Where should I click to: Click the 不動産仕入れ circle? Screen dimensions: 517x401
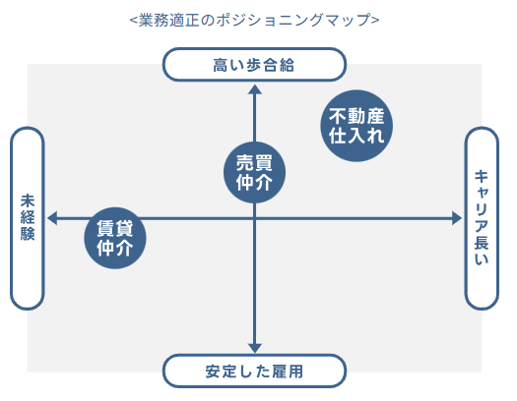click(356, 126)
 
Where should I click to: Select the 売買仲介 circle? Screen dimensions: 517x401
click(254, 172)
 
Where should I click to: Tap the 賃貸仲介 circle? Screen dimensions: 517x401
click(115, 238)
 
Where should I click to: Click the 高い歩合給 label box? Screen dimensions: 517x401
click(254, 65)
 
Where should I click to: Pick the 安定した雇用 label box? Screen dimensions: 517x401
click(254, 372)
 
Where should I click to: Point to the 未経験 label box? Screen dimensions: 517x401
click(28, 218)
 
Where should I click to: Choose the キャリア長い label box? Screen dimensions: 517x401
click(482, 218)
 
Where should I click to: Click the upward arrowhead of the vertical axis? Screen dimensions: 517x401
click(254, 89)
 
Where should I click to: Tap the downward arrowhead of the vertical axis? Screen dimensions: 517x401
click(254, 348)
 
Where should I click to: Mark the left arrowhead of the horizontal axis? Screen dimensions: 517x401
click(52, 218)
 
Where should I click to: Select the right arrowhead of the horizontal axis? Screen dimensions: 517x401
click(457, 218)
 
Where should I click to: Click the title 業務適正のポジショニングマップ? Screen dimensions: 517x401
click(254, 20)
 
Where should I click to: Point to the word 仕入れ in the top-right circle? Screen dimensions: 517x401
click(356, 136)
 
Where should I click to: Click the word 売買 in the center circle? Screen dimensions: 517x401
click(254, 163)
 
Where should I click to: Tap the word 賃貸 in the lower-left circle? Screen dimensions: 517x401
click(115, 229)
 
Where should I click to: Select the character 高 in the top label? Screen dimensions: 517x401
click(221, 65)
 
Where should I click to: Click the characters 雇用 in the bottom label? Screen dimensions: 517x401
click(288, 372)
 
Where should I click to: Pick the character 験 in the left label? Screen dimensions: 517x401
click(28, 234)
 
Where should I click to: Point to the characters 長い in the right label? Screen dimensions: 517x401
click(482, 251)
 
